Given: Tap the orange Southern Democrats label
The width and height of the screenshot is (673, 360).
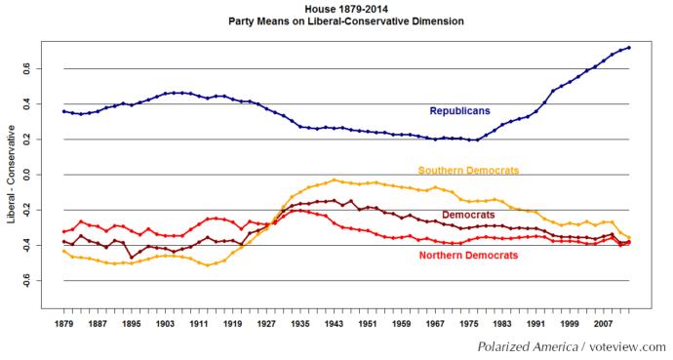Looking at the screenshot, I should pyautogui.click(x=468, y=170).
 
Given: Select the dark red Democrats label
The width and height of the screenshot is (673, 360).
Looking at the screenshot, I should pyautogui.click(x=473, y=215).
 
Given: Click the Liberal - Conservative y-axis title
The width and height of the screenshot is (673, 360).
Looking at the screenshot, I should pyautogui.click(x=13, y=175).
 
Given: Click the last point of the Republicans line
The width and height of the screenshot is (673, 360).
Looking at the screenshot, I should pyautogui.click(x=629, y=47).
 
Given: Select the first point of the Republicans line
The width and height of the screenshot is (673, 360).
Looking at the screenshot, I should pyautogui.click(x=63, y=111).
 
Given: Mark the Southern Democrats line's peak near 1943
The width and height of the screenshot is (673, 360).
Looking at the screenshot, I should pyautogui.click(x=335, y=180).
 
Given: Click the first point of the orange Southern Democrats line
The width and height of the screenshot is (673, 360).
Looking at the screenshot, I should pyautogui.click(x=63, y=251).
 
